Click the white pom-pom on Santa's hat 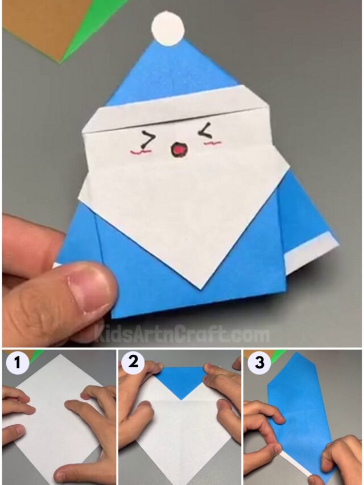pyautogui.click(x=168, y=28)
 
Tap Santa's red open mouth pyautogui.click(x=178, y=150)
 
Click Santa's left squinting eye pyautogui.click(x=148, y=139)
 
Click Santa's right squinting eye pyautogui.click(x=203, y=133)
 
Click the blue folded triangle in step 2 pyautogui.click(x=181, y=379)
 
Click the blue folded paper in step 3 pyautogui.click(x=299, y=404)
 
